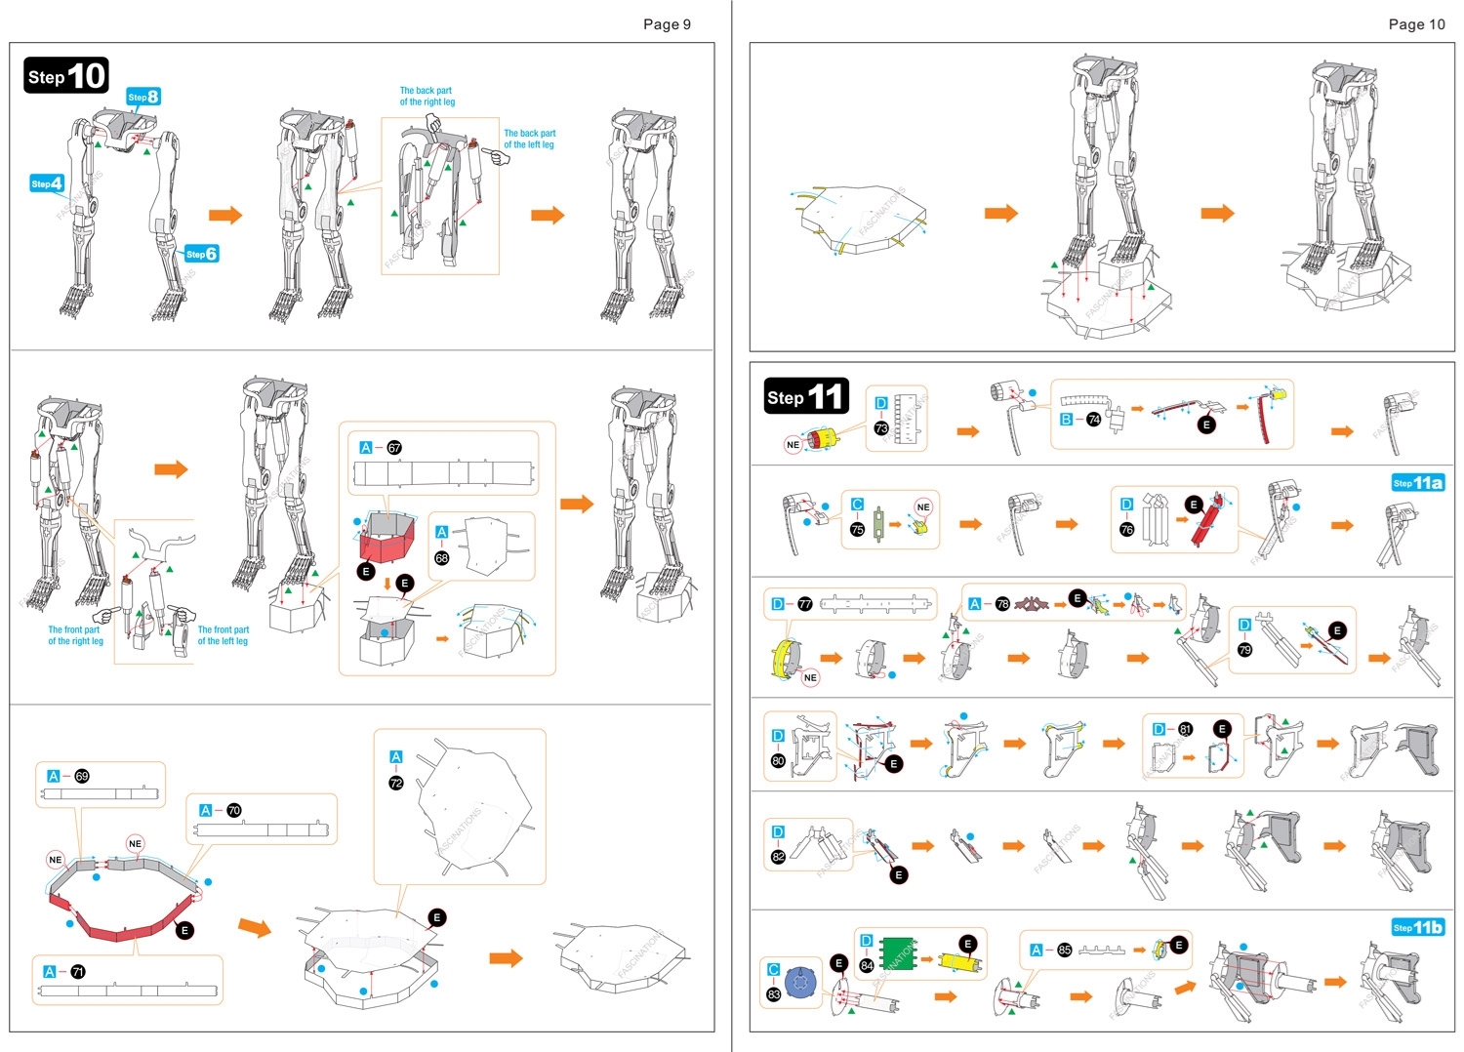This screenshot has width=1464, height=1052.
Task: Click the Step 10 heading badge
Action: tap(65, 76)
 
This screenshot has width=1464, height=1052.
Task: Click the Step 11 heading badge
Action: tap(806, 396)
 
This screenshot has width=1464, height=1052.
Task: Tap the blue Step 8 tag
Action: tap(142, 97)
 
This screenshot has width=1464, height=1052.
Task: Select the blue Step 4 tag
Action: tap(47, 183)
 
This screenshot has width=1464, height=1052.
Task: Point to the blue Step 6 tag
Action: tap(201, 254)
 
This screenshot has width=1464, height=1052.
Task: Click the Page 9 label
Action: tap(667, 24)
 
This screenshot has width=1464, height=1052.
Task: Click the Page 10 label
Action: tap(1416, 24)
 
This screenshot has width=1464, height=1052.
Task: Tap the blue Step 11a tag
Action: tap(1417, 482)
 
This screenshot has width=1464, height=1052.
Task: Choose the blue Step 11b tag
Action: tap(1417, 927)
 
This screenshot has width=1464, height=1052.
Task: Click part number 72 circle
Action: tap(396, 783)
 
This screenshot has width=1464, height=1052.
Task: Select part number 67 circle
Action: tap(394, 448)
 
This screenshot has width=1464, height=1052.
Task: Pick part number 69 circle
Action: tap(82, 776)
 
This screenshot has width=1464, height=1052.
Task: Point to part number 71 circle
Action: tap(78, 972)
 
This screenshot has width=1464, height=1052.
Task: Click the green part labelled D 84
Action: tap(898, 954)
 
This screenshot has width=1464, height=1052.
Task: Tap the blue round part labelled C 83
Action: tap(800, 983)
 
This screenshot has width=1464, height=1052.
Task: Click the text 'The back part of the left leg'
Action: tap(529, 139)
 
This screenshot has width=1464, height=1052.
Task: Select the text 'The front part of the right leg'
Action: tap(75, 635)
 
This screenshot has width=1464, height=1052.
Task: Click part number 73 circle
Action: tap(880, 428)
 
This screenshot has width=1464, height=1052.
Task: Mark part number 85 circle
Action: tap(1064, 950)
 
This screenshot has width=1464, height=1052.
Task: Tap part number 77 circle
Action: tap(804, 604)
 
